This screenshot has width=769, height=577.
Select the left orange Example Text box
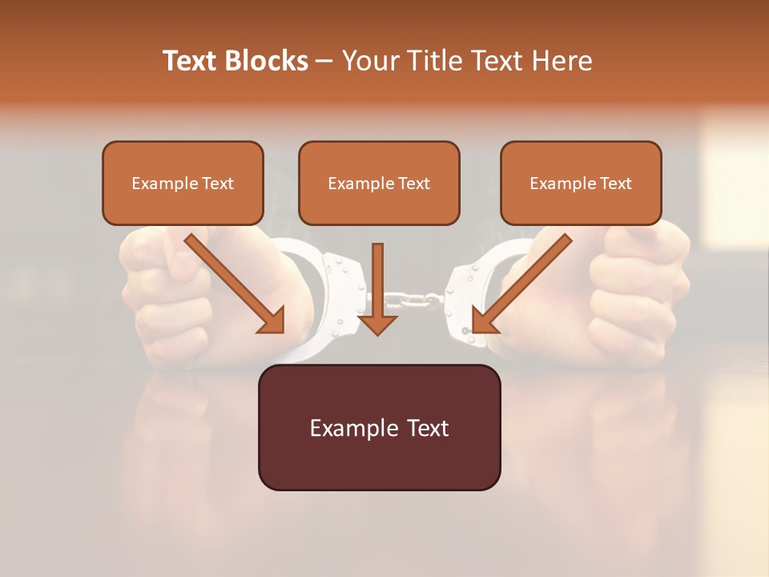coord(183,184)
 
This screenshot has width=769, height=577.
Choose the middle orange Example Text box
coord(379,184)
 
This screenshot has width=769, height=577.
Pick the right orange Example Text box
coord(581,184)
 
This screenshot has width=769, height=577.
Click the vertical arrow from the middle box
coord(377,288)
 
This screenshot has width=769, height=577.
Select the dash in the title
coord(324,61)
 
